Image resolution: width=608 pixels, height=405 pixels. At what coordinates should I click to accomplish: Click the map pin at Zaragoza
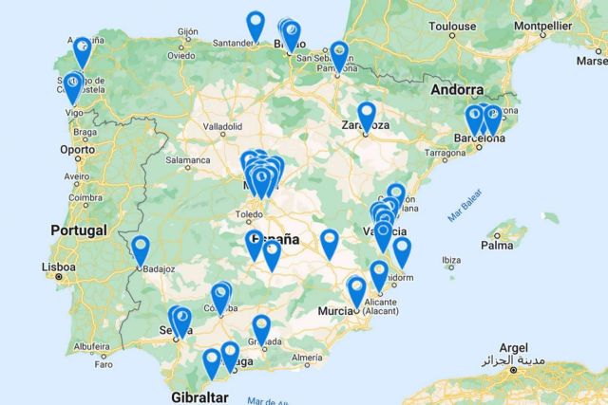[x=367, y=115]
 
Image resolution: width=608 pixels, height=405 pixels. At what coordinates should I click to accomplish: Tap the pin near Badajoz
[x=141, y=249]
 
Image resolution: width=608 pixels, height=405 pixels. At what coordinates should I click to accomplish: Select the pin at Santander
[x=256, y=24]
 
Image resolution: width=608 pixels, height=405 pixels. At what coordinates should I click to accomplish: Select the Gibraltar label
[x=200, y=396]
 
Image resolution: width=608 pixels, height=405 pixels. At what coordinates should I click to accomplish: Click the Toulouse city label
[x=451, y=27]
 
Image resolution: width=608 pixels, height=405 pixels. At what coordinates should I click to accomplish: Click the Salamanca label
[x=186, y=161]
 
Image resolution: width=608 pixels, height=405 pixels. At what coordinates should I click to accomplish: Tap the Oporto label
[x=78, y=149]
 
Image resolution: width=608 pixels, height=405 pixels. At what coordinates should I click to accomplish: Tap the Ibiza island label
[x=451, y=260]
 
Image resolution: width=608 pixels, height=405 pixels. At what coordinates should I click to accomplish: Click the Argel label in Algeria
[x=512, y=347]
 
